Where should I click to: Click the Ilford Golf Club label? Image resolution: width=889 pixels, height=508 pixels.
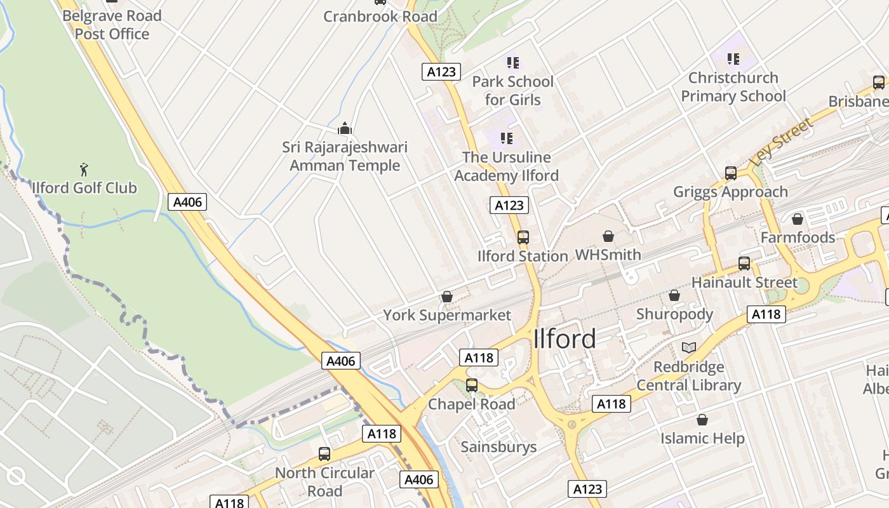tap(84, 188)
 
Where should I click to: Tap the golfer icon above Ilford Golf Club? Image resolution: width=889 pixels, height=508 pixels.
tap(84, 170)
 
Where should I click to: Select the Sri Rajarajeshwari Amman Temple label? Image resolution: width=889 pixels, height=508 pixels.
tap(345, 156)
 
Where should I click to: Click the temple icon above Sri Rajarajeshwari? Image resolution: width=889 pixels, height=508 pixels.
tap(345, 129)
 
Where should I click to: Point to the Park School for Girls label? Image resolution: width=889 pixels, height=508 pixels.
tap(512, 91)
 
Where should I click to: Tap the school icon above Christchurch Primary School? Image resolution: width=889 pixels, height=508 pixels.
tap(733, 59)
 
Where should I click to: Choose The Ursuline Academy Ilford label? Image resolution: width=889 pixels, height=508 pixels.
tap(506, 166)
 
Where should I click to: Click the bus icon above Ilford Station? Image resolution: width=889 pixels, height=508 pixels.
tap(523, 237)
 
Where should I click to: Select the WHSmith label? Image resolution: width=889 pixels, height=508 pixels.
tap(608, 255)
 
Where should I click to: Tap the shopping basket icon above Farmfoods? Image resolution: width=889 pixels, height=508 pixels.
tap(798, 219)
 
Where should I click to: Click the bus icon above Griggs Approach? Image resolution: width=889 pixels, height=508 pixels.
tap(731, 173)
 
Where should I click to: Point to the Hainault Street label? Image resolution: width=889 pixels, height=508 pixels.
tap(744, 282)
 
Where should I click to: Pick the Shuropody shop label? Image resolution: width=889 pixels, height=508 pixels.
tap(674, 314)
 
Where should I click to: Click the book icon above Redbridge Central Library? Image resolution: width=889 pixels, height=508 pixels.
tap(689, 347)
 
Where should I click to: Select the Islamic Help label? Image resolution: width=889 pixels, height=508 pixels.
tap(702, 438)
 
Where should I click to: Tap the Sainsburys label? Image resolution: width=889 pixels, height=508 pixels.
tap(498, 447)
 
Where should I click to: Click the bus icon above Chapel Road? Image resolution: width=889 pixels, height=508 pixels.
tap(472, 385)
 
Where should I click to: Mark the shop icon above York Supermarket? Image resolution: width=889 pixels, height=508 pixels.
tap(447, 297)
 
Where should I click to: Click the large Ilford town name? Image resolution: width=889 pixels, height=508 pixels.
tap(565, 339)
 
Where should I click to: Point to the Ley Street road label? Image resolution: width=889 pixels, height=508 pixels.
tap(782, 143)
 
